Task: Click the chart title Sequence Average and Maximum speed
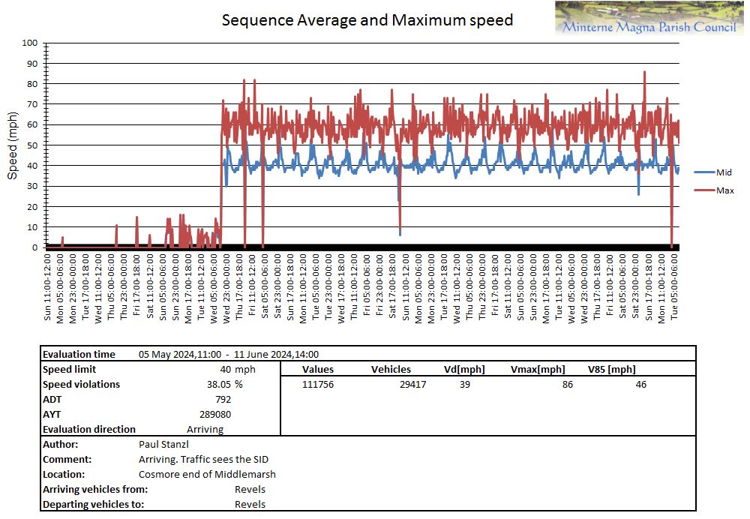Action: [367, 20]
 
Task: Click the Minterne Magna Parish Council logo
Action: [649, 19]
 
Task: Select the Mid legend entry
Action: [723, 172]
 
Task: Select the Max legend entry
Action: [724, 190]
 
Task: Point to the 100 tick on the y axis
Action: [30, 43]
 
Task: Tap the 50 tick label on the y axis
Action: [32, 145]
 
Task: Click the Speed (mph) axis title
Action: [13, 145]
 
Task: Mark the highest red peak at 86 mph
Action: [644, 72]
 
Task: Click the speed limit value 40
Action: [225, 369]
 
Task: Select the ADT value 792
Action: [223, 399]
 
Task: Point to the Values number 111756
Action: [318, 384]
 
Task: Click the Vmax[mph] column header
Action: [537, 369]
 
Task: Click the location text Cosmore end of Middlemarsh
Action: [207, 474]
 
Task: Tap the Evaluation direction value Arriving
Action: [205, 429]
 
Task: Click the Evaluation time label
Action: [79, 354]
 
